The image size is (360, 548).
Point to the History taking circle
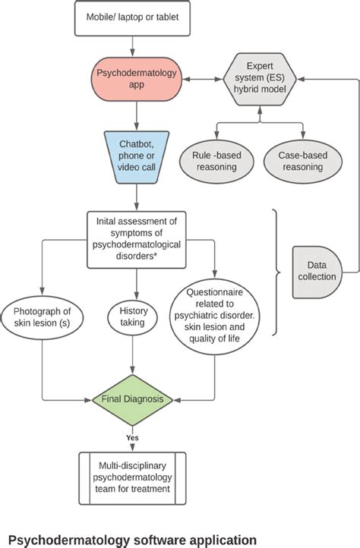point(134,317)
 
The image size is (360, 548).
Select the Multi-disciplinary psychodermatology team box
point(136,478)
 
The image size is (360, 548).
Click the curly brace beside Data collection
point(276,271)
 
